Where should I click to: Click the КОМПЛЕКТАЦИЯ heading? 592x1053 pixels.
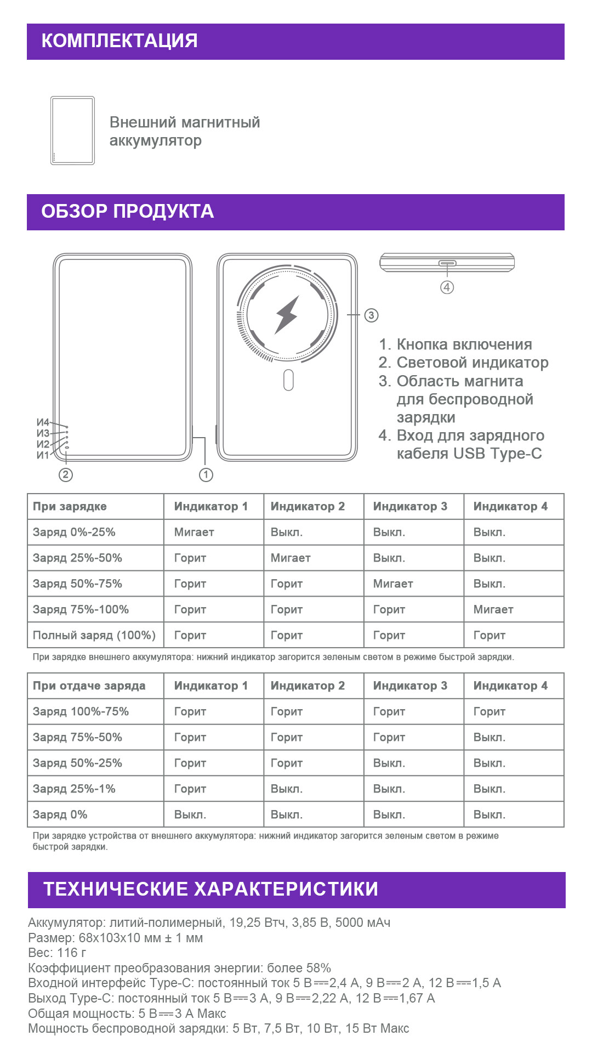[119, 41]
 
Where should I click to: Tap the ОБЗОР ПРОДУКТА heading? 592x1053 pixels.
[127, 212]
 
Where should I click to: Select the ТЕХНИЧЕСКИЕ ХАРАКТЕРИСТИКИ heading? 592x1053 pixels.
[210, 889]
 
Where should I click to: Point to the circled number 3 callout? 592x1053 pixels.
[371, 315]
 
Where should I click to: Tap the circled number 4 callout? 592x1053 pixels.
[447, 287]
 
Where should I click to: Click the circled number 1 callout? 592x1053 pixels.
[206, 475]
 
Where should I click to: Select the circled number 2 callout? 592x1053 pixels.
[65, 475]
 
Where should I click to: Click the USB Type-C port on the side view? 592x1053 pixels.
[447, 263]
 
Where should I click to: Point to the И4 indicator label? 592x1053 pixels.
[43, 422]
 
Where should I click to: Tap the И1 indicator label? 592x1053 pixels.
[43, 455]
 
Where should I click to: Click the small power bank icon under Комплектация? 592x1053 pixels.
[72, 131]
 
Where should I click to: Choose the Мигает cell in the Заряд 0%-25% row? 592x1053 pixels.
[194, 532]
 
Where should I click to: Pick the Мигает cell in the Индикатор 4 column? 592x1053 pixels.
[493, 609]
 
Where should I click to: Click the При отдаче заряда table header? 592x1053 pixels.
[89, 686]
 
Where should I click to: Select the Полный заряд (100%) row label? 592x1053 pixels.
[94, 635]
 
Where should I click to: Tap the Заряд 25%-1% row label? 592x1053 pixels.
[74, 789]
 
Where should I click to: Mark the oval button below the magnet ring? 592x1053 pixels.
[288, 380]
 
